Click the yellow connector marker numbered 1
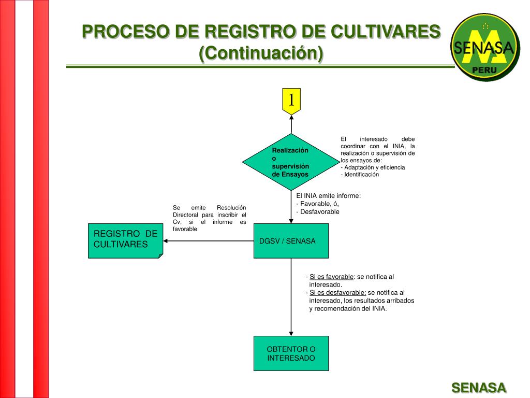(x=291, y=100)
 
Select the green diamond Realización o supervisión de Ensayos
(x=290, y=162)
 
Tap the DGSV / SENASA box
(x=291, y=240)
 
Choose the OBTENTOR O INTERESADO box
(x=291, y=353)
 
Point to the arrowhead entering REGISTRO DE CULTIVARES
(x=167, y=241)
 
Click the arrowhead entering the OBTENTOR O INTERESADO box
(x=291, y=333)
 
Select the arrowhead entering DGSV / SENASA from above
(x=291, y=220)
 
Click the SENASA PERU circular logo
(x=484, y=47)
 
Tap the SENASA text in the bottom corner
(x=479, y=388)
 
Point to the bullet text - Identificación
(x=360, y=175)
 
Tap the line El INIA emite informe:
(x=328, y=196)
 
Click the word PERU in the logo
(x=484, y=70)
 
